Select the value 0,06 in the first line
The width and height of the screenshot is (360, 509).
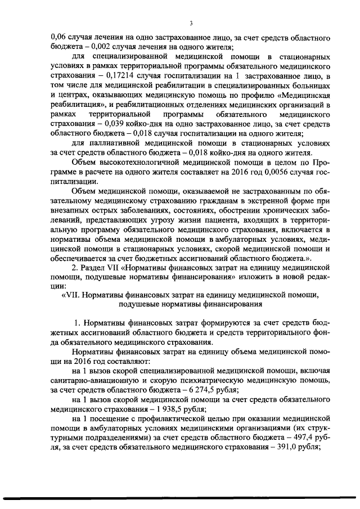coord(58,38)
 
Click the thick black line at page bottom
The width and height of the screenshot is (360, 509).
coord(180,498)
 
